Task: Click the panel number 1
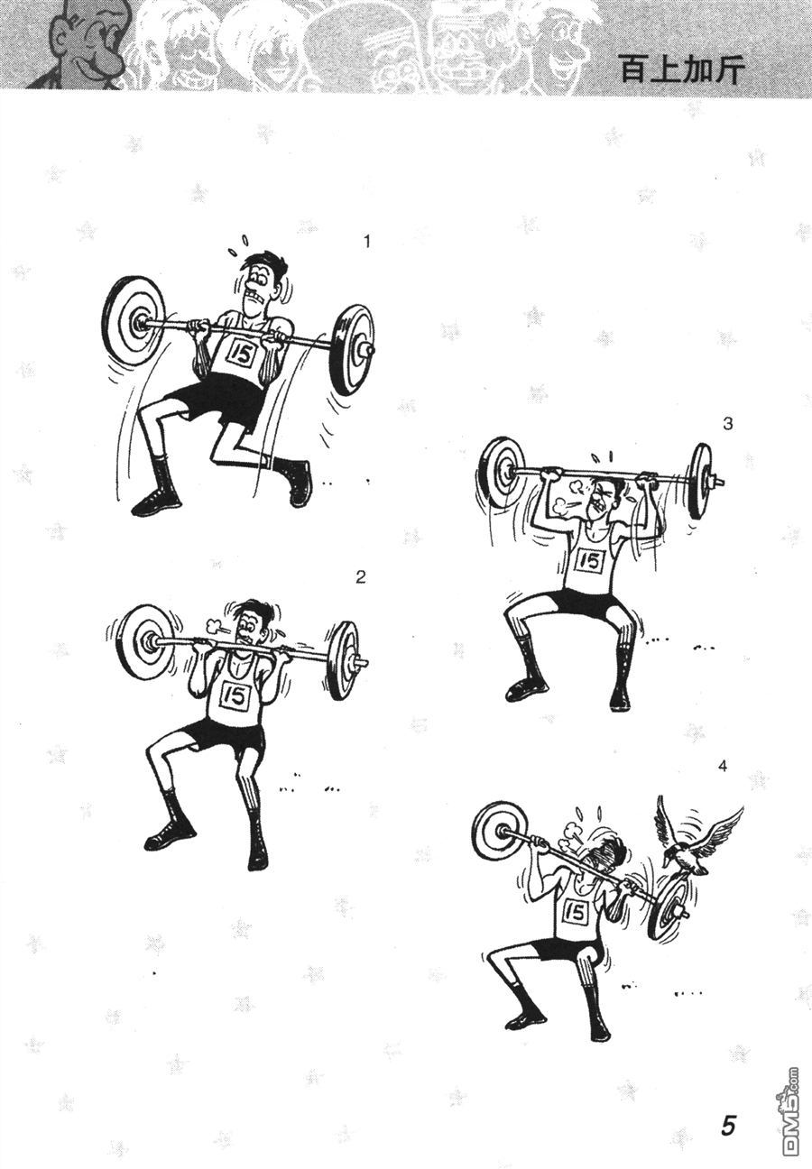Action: coord(367,242)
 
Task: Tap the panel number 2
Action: coord(360,577)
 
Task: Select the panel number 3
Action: coord(727,424)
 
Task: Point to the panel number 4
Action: coord(723,766)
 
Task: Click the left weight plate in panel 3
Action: coord(501,474)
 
